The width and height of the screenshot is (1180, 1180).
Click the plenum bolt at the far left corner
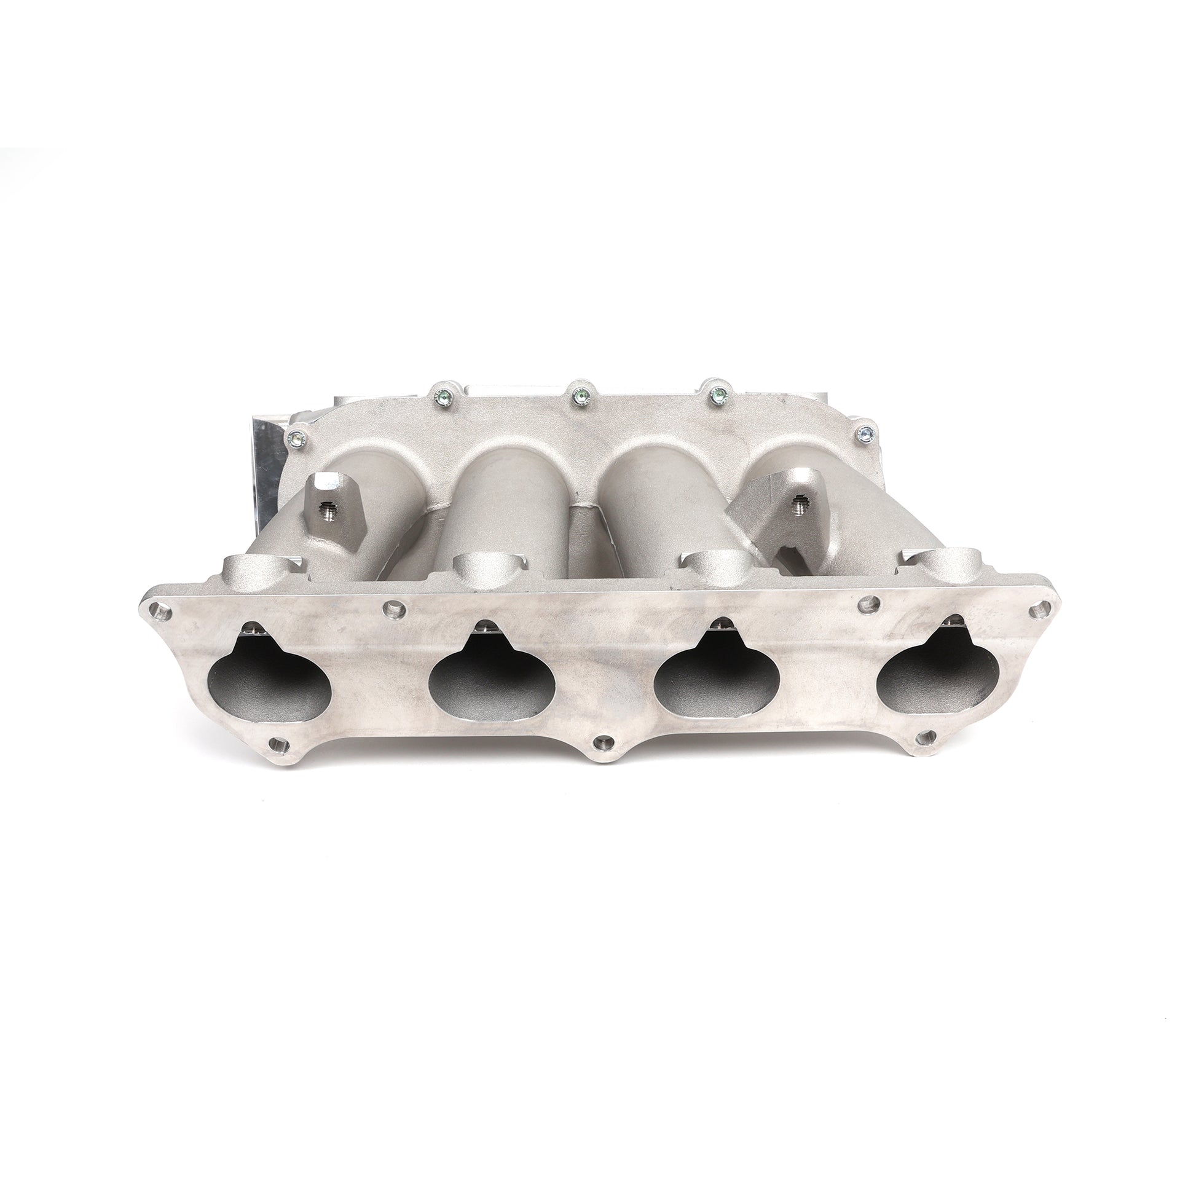pos(297,438)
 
